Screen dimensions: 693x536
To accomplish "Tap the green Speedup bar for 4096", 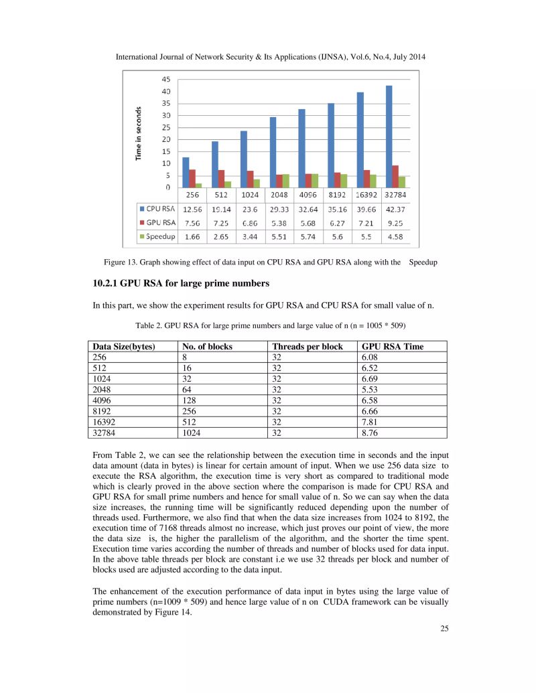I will (x=315, y=180).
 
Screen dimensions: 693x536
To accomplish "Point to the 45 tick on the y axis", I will (x=165, y=79).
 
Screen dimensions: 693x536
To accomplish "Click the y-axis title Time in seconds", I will (x=139, y=133).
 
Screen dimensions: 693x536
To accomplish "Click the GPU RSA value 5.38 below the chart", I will (x=278, y=222).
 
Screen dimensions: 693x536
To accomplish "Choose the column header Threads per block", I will (x=307, y=347).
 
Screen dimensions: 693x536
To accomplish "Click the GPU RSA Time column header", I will (x=393, y=347).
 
